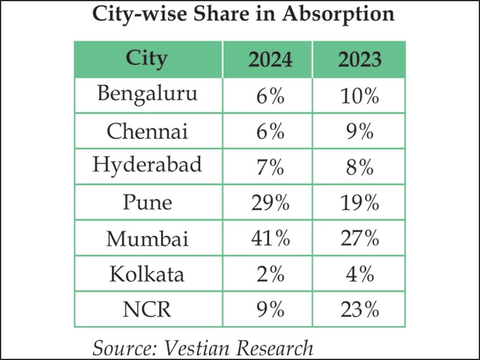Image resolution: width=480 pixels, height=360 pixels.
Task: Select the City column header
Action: [147, 59]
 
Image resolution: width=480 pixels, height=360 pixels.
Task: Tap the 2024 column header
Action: [271, 59]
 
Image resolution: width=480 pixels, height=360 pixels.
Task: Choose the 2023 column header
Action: [359, 59]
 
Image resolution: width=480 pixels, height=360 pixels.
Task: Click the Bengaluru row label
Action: [147, 94]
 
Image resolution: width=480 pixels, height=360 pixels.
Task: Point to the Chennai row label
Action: [147, 130]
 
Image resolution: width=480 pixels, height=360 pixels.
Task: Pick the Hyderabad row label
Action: [147, 166]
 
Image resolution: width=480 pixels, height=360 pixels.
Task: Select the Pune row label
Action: [147, 202]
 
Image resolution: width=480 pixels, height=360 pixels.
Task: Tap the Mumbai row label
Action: [148, 238]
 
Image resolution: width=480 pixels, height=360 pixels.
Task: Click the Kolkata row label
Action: [148, 274]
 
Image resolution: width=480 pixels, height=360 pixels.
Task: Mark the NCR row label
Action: [147, 310]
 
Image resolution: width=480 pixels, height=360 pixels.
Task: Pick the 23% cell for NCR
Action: [358, 310]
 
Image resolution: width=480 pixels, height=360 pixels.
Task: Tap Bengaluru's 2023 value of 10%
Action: [358, 95]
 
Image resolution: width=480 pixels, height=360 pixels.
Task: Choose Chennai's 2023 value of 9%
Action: [358, 131]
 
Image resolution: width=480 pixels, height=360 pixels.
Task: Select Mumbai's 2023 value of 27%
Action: [358, 238]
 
